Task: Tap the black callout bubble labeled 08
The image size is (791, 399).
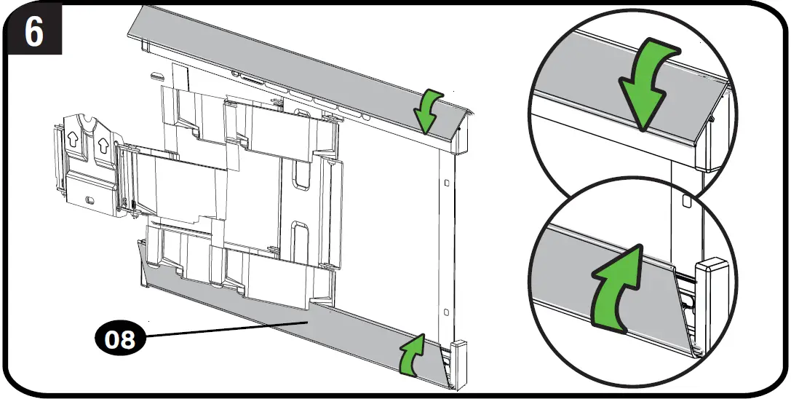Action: tap(121, 339)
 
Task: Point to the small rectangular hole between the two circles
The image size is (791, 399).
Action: tap(686, 197)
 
